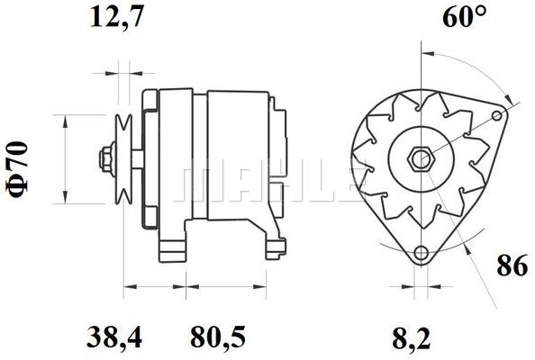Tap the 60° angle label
pyautogui.click(x=464, y=16)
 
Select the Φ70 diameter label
pyautogui.click(x=18, y=169)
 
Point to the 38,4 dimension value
pyautogui.click(x=114, y=337)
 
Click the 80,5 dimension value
pyautogui.click(x=218, y=337)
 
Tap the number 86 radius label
pyautogui.click(x=512, y=265)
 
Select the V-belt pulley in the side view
pyautogui.click(x=123, y=159)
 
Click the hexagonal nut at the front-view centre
pyautogui.click(x=421, y=159)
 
